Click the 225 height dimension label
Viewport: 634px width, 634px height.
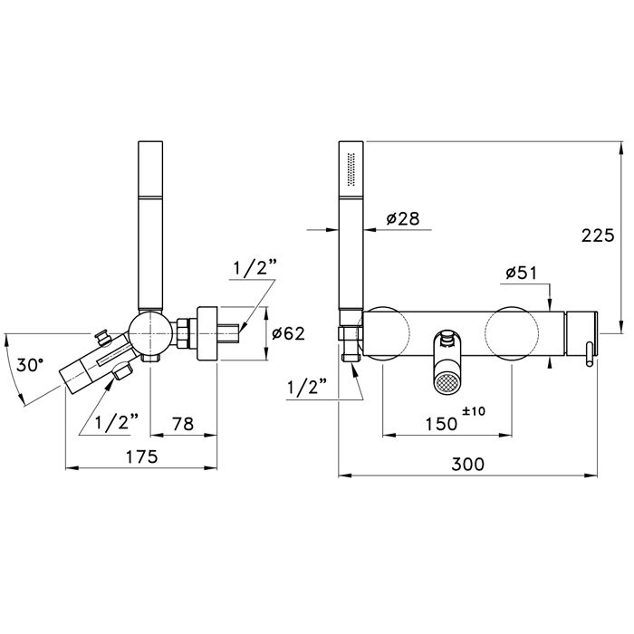coord(598,235)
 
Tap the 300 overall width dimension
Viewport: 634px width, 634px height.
coord(467,464)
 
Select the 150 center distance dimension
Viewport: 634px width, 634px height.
coord(442,424)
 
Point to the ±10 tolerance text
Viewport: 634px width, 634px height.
coord(474,411)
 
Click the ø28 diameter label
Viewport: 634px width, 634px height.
coord(403,219)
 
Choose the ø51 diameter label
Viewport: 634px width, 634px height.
coord(521,274)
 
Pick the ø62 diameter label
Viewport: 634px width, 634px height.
coord(288,333)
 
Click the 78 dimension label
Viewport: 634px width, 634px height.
coord(183,424)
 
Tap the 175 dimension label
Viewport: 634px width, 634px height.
coord(141,456)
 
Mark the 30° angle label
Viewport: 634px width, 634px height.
coord(30,365)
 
